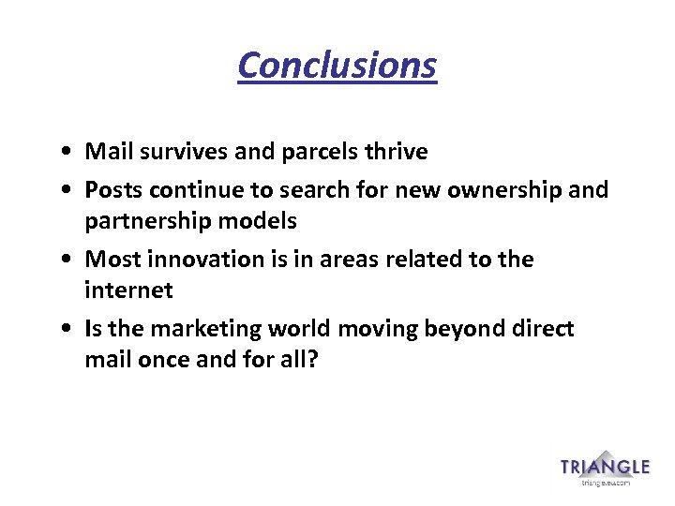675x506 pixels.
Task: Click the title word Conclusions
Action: pos(337,66)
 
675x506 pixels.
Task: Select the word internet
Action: pos(128,290)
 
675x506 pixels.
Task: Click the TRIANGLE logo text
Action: pos(605,468)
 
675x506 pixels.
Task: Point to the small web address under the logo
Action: pos(606,484)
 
